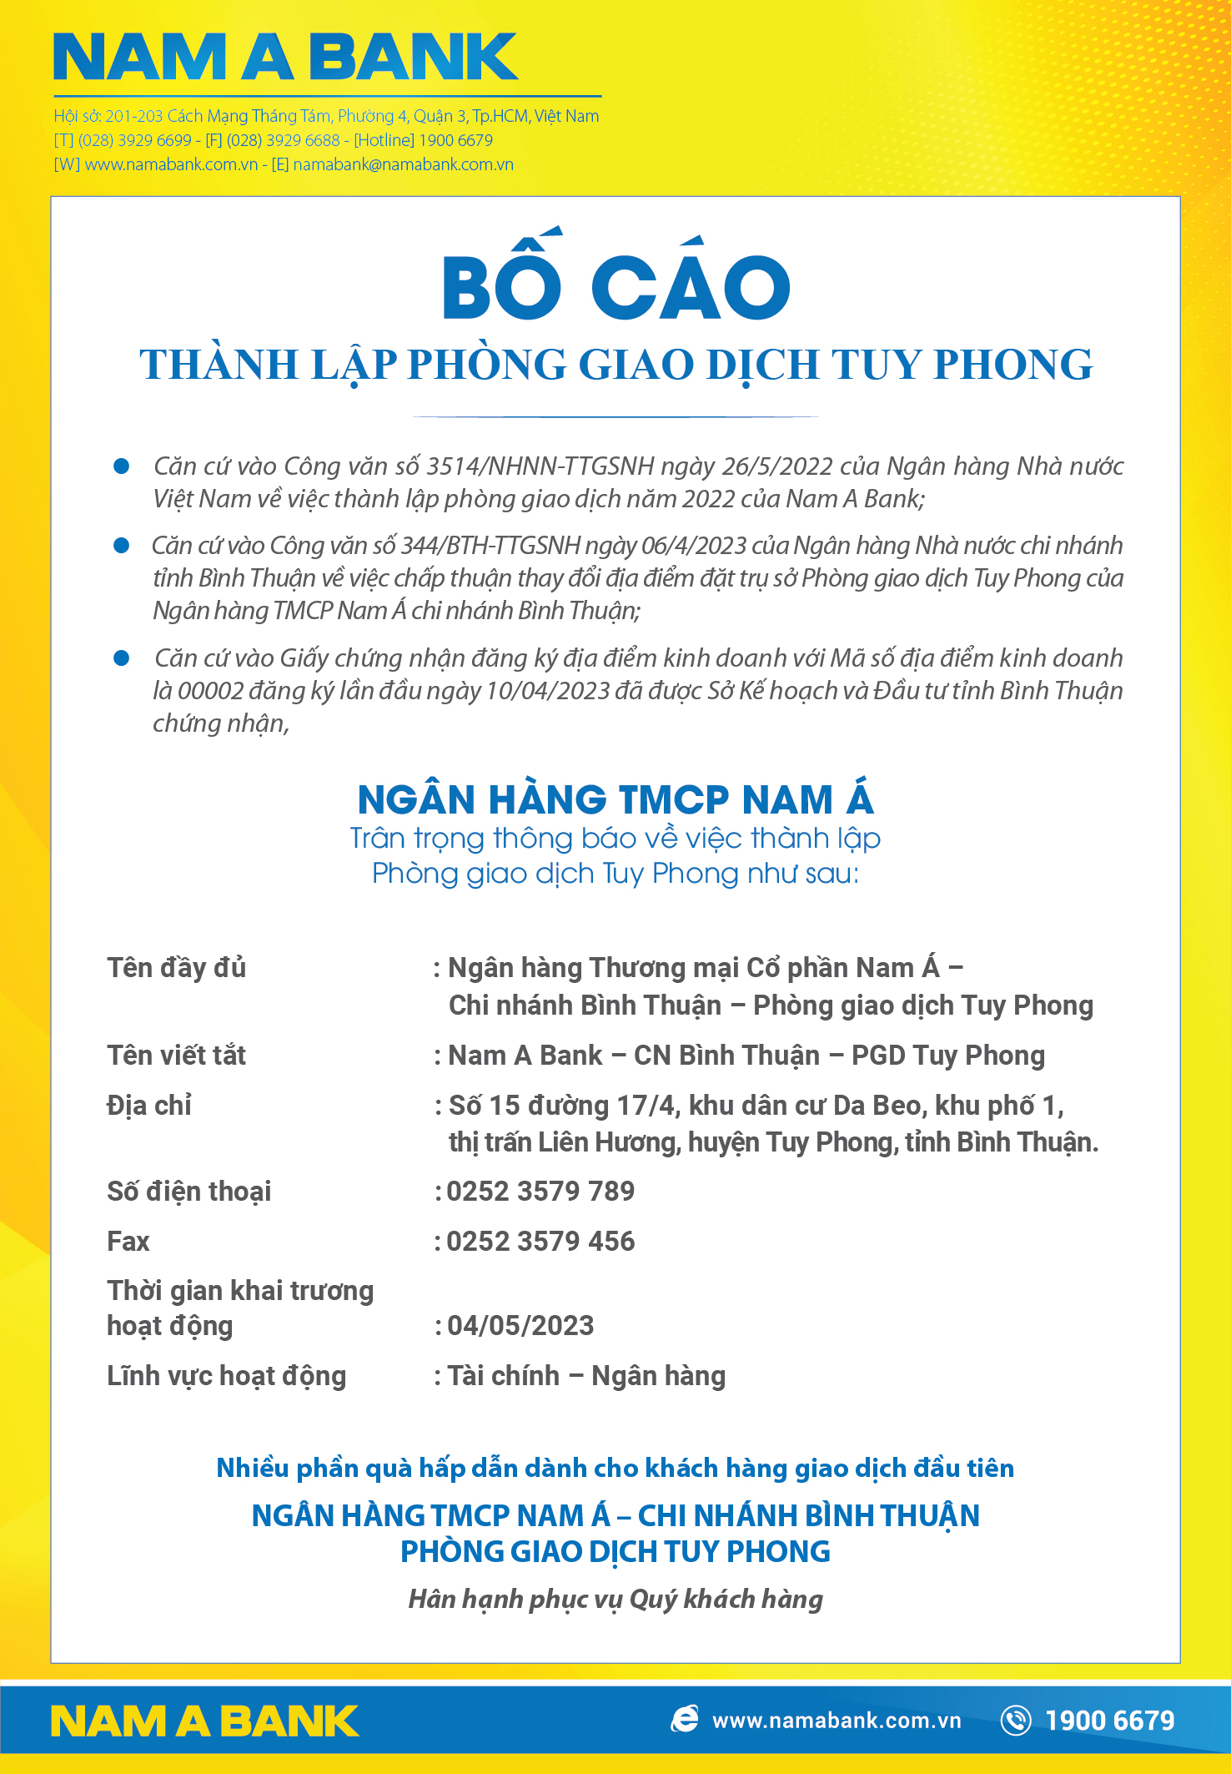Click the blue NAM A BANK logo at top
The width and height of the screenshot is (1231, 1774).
click(x=285, y=58)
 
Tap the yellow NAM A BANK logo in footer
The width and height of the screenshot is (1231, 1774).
click(x=204, y=1721)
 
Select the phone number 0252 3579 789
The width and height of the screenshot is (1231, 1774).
click(x=540, y=1192)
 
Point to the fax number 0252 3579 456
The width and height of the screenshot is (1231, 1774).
click(x=540, y=1242)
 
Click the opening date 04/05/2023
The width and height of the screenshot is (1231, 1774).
click(x=520, y=1326)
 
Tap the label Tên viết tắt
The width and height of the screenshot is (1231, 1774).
click(x=177, y=1056)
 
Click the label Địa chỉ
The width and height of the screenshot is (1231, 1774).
click(x=149, y=1106)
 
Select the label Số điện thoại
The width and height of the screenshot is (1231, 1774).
click(x=189, y=1192)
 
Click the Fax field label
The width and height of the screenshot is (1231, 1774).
click(x=128, y=1242)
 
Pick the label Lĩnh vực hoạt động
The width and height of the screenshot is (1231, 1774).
click(x=226, y=1376)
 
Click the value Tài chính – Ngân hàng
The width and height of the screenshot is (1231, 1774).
click(x=586, y=1376)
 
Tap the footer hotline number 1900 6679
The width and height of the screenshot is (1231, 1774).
click(x=1109, y=1721)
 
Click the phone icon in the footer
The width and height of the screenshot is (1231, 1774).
click(x=1016, y=1720)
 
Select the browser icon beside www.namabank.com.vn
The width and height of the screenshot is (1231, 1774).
click(x=685, y=1719)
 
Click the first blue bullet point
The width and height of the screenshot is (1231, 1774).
click(x=122, y=466)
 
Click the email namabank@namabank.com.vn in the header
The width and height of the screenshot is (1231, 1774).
click(x=403, y=164)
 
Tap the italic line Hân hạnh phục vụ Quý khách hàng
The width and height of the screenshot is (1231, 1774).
click(x=615, y=1599)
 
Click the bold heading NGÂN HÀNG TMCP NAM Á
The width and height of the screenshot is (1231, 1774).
click(x=615, y=799)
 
